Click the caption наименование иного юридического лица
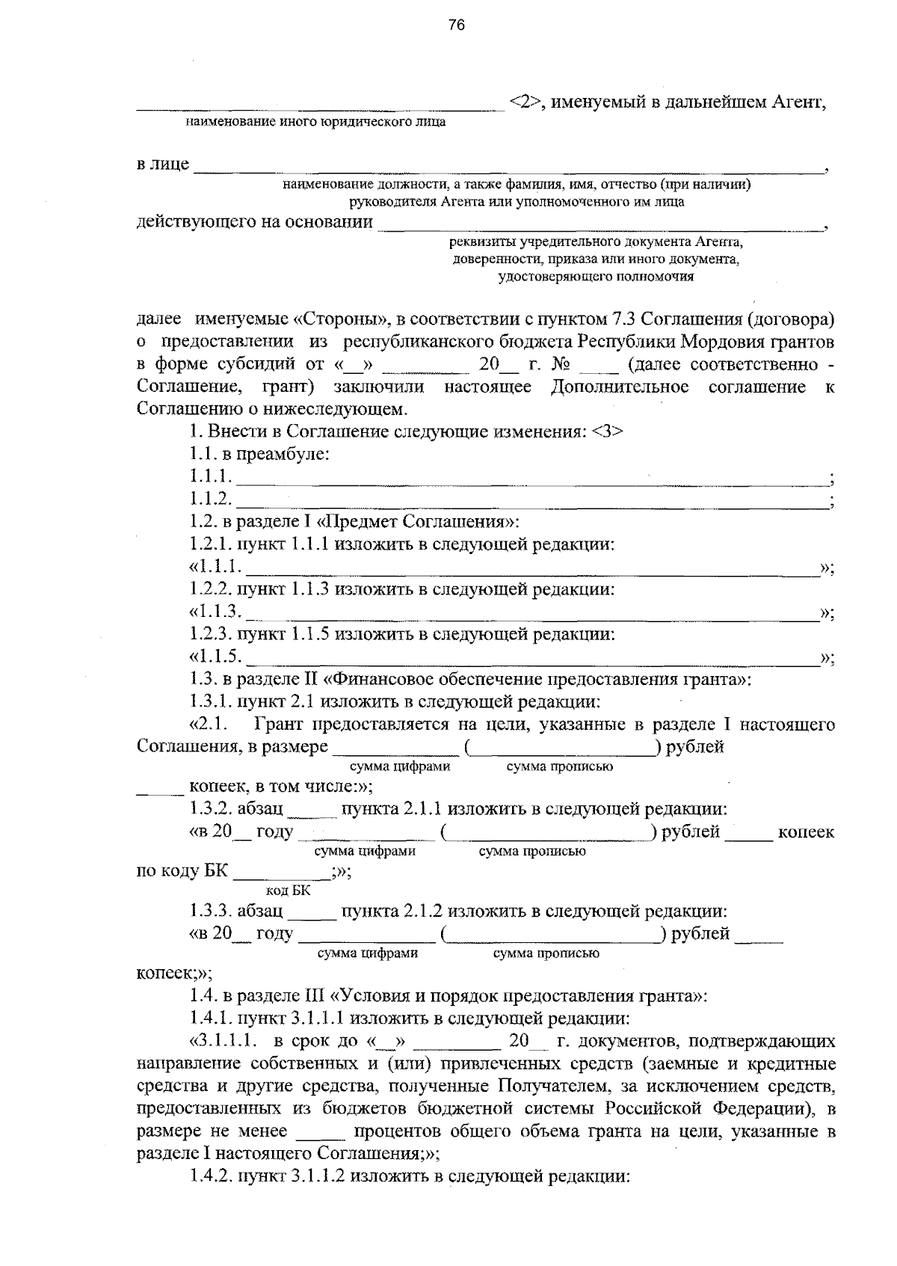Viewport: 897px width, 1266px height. coord(315,121)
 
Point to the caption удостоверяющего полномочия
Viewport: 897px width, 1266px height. coord(596,277)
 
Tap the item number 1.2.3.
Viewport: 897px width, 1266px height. coord(210,635)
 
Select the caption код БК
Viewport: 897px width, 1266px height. coord(288,891)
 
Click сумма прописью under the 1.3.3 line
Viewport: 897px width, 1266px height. coord(546,953)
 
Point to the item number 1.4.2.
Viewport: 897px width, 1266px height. coord(210,1176)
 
